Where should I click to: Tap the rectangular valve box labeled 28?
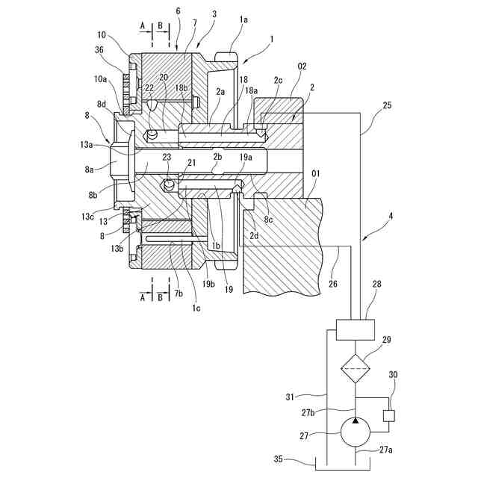pyautogui.click(x=355, y=329)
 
